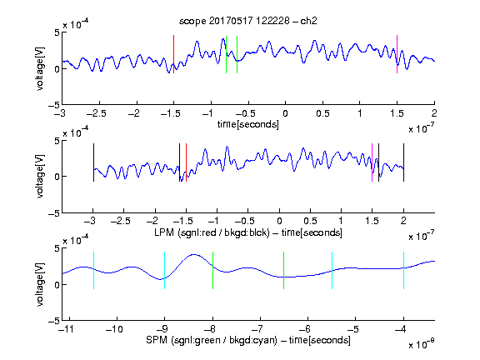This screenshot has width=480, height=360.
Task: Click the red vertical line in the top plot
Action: click(x=173, y=54)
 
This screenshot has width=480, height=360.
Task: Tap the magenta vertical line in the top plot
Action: click(x=397, y=54)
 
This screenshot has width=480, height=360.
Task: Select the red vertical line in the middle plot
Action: click(x=186, y=162)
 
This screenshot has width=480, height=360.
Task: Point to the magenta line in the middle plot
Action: click(x=372, y=162)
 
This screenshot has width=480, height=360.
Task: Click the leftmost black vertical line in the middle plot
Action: click(x=93, y=162)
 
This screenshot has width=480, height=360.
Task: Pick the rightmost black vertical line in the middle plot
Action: click(x=403, y=162)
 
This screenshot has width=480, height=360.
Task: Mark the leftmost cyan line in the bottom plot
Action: click(x=93, y=270)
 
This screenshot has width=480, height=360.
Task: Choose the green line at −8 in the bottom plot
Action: click(x=212, y=270)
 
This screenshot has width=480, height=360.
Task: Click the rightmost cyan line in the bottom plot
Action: click(x=403, y=270)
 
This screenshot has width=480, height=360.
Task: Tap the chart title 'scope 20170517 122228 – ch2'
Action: click(x=248, y=21)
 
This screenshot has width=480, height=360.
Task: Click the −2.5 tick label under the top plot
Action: click(x=97, y=114)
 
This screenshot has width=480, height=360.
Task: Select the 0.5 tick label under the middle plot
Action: click(x=310, y=221)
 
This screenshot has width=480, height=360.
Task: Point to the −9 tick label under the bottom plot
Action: click(x=162, y=329)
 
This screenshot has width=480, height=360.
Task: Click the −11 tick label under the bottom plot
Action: click(x=67, y=329)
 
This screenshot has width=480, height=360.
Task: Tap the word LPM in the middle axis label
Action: click(x=164, y=232)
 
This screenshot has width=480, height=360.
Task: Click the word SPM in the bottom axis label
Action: click(x=157, y=340)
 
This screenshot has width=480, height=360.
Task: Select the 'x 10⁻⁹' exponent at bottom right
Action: click(x=421, y=344)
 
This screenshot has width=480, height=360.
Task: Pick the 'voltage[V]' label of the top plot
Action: click(x=40, y=68)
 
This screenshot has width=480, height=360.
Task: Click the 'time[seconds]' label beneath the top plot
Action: click(x=248, y=124)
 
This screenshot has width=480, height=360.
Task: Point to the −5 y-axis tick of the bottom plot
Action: click(x=54, y=321)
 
